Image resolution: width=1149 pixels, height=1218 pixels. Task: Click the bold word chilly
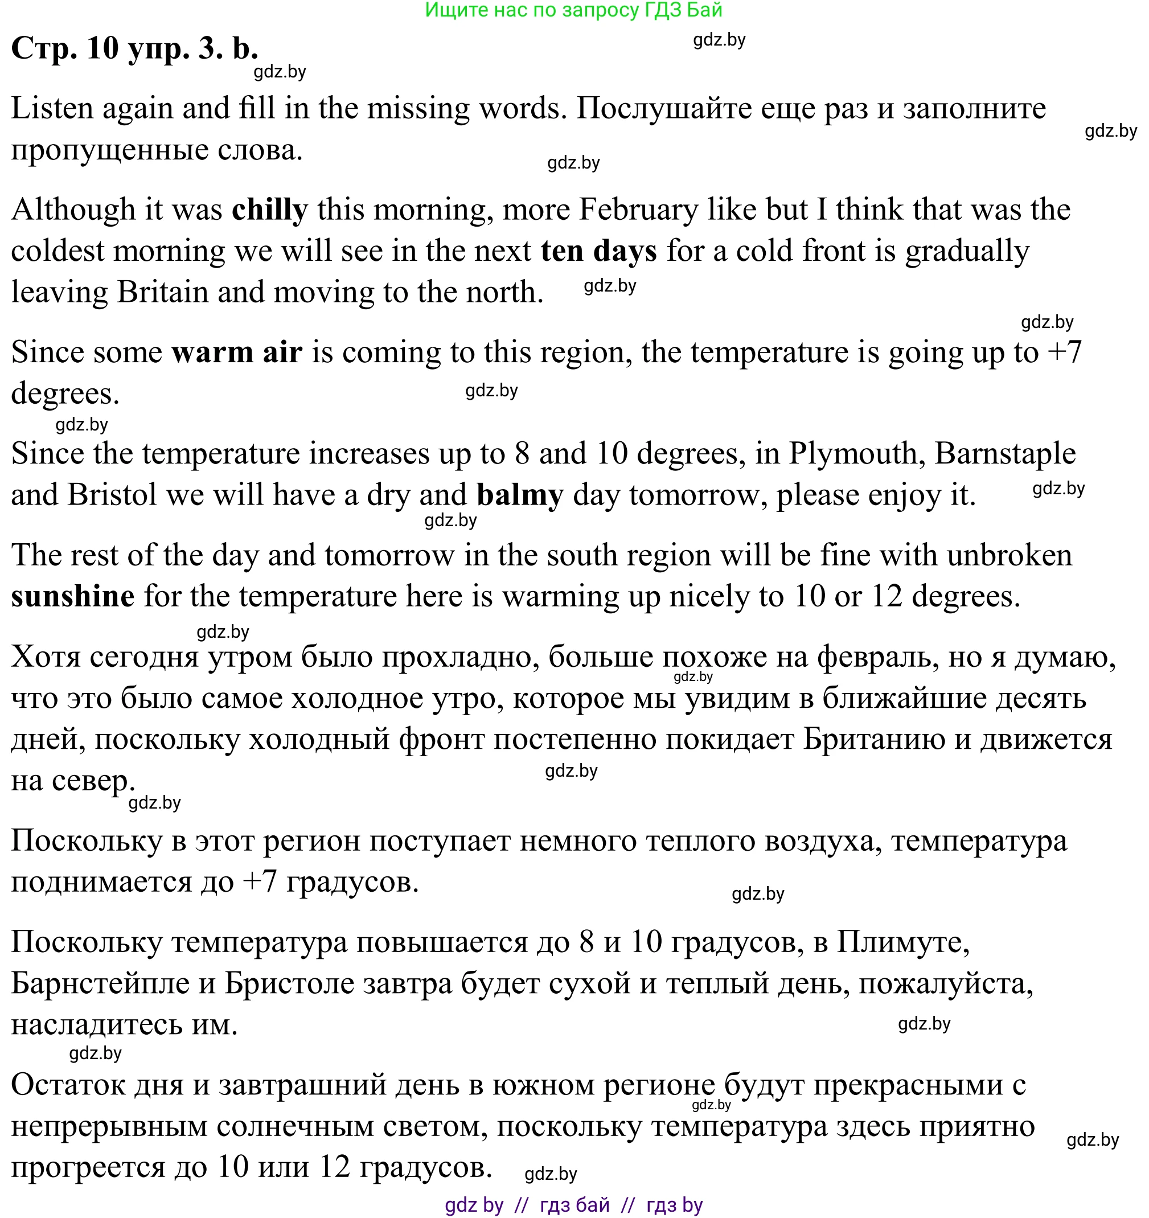pyautogui.click(x=269, y=210)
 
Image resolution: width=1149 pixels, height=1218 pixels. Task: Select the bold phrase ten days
pyautogui.click(x=598, y=251)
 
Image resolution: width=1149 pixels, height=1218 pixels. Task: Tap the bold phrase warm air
pyautogui.click(x=236, y=352)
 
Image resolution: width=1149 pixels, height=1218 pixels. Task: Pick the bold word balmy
pyautogui.click(x=519, y=495)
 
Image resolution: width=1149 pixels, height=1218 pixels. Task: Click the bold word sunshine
pyautogui.click(x=73, y=597)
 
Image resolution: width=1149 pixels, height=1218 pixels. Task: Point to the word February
pyautogui.click(x=638, y=210)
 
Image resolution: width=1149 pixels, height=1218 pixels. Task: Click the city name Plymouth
pyautogui.click(x=857, y=454)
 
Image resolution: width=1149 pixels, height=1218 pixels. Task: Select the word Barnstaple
pyautogui.click(x=1005, y=454)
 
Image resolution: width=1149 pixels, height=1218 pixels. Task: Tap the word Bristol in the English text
pyautogui.click(x=112, y=495)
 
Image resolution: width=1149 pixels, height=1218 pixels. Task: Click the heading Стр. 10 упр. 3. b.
pyautogui.click(x=135, y=48)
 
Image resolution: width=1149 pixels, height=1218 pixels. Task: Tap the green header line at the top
pyautogui.click(x=573, y=10)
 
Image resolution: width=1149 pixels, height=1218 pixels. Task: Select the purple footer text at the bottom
pyautogui.click(x=573, y=1204)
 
